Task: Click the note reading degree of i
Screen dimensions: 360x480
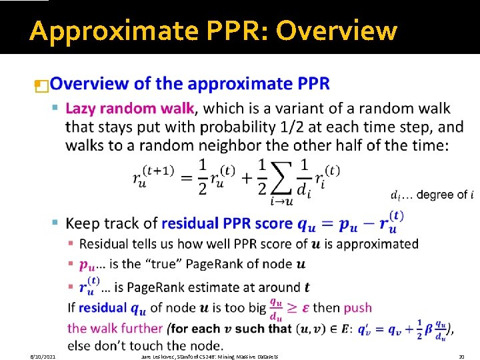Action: pos(432,195)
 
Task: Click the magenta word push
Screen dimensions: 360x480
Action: pos(358,307)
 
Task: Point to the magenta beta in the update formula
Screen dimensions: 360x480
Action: pos(427,328)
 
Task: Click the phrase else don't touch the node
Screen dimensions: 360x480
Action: pos(145,346)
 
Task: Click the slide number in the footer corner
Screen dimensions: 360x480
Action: pos(461,357)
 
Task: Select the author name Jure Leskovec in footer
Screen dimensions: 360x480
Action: pos(158,357)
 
